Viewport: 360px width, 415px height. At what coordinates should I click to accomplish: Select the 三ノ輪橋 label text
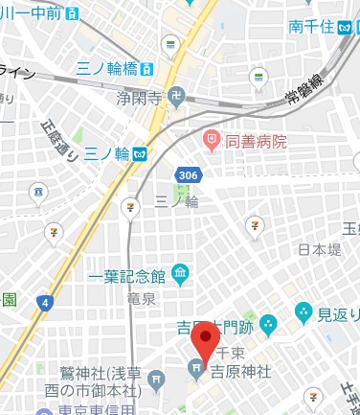tap(109, 69)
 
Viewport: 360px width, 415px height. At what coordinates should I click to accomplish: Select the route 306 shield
tap(188, 173)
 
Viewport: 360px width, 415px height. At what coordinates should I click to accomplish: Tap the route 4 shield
tap(43, 303)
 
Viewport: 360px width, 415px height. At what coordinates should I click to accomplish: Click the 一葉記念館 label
tap(126, 276)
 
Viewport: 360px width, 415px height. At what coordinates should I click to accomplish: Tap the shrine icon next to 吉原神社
tap(196, 364)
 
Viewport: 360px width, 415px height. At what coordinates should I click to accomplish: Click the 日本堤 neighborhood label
tap(318, 249)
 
